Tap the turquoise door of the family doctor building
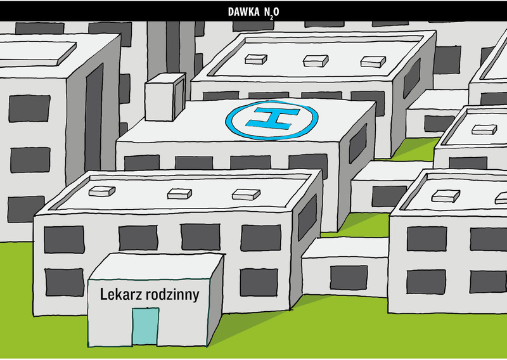click(x=146, y=326)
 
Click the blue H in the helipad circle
click(x=273, y=119)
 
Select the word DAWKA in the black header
click(x=244, y=12)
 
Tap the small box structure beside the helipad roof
click(x=165, y=97)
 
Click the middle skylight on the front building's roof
click(x=179, y=194)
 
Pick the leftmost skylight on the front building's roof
click(x=102, y=191)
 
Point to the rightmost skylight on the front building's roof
click(x=246, y=195)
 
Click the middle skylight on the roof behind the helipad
click(x=316, y=61)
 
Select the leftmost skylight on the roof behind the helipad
click(x=256, y=59)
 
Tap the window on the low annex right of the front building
click(x=349, y=278)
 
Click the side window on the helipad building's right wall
click(x=357, y=143)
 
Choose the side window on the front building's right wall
click(x=307, y=217)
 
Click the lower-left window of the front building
click(x=65, y=283)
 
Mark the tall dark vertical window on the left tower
click(x=94, y=117)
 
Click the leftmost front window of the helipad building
click(x=141, y=163)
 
